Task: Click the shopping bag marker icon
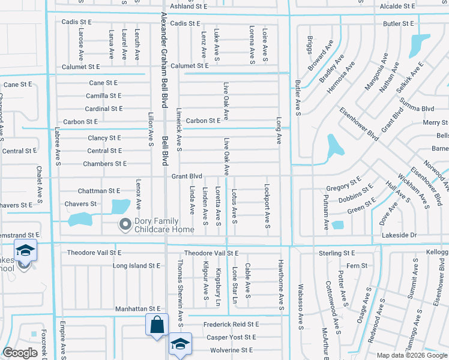(x=156, y=325)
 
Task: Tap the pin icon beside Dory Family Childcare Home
(x=125, y=225)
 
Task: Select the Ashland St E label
(x=188, y=6)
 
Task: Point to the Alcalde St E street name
(x=397, y=6)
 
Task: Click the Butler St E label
(x=399, y=23)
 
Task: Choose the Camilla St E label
(x=103, y=95)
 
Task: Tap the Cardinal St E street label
(x=103, y=109)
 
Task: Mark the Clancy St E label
(x=104, y=138)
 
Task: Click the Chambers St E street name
(x=104, y=163)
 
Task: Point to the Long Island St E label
(x=136, y=265)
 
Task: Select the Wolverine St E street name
(x=231, y=350)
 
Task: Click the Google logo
(x=20, y=352)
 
